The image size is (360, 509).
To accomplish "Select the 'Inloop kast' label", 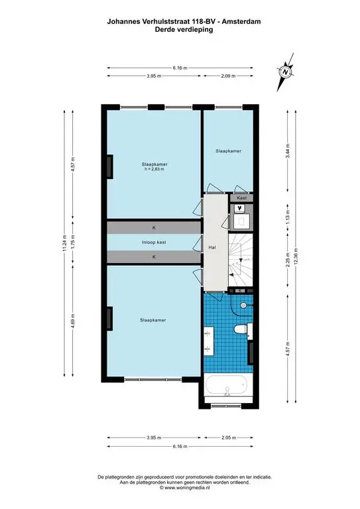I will pyautogui.click(x=153, y=242).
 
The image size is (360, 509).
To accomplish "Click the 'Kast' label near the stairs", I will pyautogui.click(x=241, y=198).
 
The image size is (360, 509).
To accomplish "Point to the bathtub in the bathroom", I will pyautogui.click(x=227, y=387).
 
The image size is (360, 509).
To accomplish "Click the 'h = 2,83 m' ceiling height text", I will pyautogui.click(x=153, y=170).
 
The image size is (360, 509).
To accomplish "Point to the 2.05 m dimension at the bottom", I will pyautogui.click(x=228, y=437).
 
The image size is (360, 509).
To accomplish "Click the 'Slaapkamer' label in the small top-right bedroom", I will pyautogui.click(x=228, y=151).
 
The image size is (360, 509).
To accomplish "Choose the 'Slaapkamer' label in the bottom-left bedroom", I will pyautogui.click(x=153, y=320).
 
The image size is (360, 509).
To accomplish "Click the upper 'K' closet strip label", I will pyautogui.click(x=153, y=227).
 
